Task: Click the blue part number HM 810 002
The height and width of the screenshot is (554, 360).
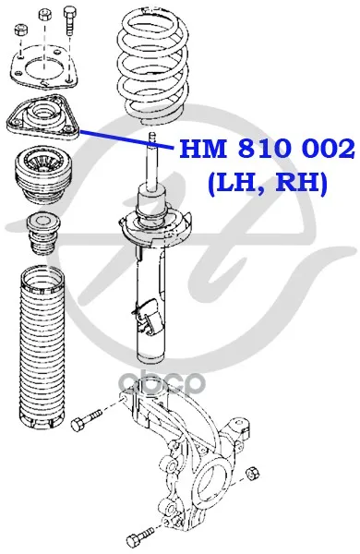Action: (x=267, y=149)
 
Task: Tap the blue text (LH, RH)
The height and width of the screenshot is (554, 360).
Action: (x=268, y=183)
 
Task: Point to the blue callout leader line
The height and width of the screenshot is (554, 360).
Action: (x=126, y=139)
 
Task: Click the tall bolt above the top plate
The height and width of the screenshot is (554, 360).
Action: (x=69, y=21)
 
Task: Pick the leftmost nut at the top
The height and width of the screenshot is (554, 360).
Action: (x=19, y=30)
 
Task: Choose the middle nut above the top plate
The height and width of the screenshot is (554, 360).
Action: (x=43, y=14)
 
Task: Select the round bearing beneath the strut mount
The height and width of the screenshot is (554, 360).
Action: (x=42, y=175)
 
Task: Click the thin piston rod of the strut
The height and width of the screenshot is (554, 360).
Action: (x=152, y=158)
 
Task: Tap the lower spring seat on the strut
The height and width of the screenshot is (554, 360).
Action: (x=155, y=227)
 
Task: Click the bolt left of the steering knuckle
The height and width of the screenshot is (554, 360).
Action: (x=86, y=418)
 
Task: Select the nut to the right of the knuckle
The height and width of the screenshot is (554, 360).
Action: (x=252, y=473)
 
